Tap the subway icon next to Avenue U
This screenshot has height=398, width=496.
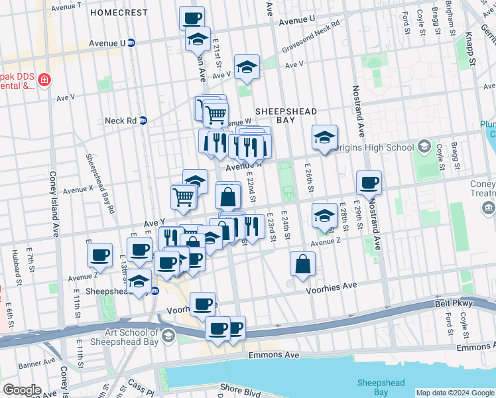(x=131, y=43)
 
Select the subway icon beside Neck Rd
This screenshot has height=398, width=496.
(x=143, y=121)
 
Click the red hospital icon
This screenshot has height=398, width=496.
(x=44, y=80)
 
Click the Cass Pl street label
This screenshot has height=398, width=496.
(x=141, y=385)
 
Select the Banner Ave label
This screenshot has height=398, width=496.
(x=36, y=365)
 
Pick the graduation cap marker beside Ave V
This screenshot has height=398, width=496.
(x=247, y=66)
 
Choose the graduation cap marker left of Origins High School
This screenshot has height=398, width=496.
(x=324, y=137)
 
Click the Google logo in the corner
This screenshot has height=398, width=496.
(x=23, y=390)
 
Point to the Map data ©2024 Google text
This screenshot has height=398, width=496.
(x=455, y=393)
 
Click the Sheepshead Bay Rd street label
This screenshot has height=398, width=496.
(x=99, y=183)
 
